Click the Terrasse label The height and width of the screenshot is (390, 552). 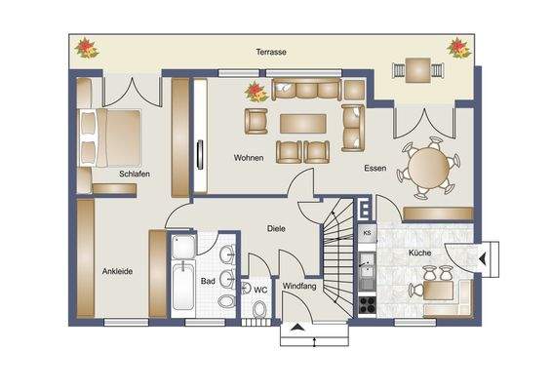pos(270,52)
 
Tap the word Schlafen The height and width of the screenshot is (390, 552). pos(135,174)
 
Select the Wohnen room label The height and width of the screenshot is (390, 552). pos(249,157)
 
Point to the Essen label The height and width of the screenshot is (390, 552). pos(375,168)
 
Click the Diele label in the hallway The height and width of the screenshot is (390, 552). pos(276,229)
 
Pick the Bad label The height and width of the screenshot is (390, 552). pos(208,281)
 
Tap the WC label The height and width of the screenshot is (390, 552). pos(260,290)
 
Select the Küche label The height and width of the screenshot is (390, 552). pos(420,253)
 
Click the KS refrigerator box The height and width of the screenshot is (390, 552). pos(367,233)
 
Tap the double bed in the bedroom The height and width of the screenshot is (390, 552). pos(109,136)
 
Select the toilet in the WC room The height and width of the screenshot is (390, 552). pos(260,310)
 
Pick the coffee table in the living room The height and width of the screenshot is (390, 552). pos(303,124)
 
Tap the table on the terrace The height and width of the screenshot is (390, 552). pos(417,69)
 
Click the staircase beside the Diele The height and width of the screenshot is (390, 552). pos(341,258)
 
